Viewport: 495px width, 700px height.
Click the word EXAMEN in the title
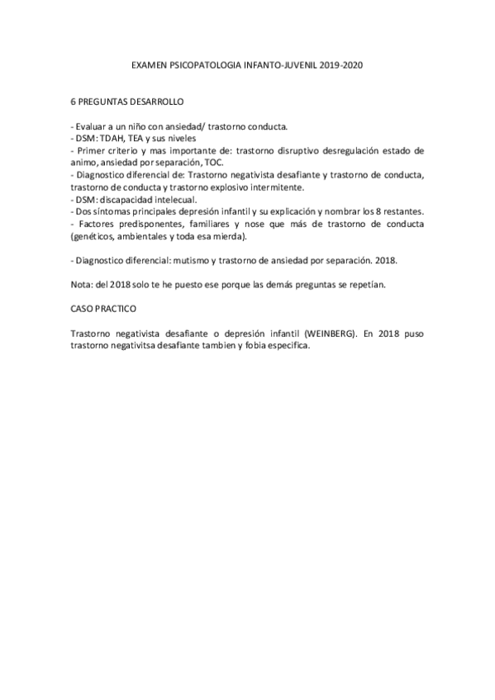(x=149, y=63)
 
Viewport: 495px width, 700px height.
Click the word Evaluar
(x=93, y=127)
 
